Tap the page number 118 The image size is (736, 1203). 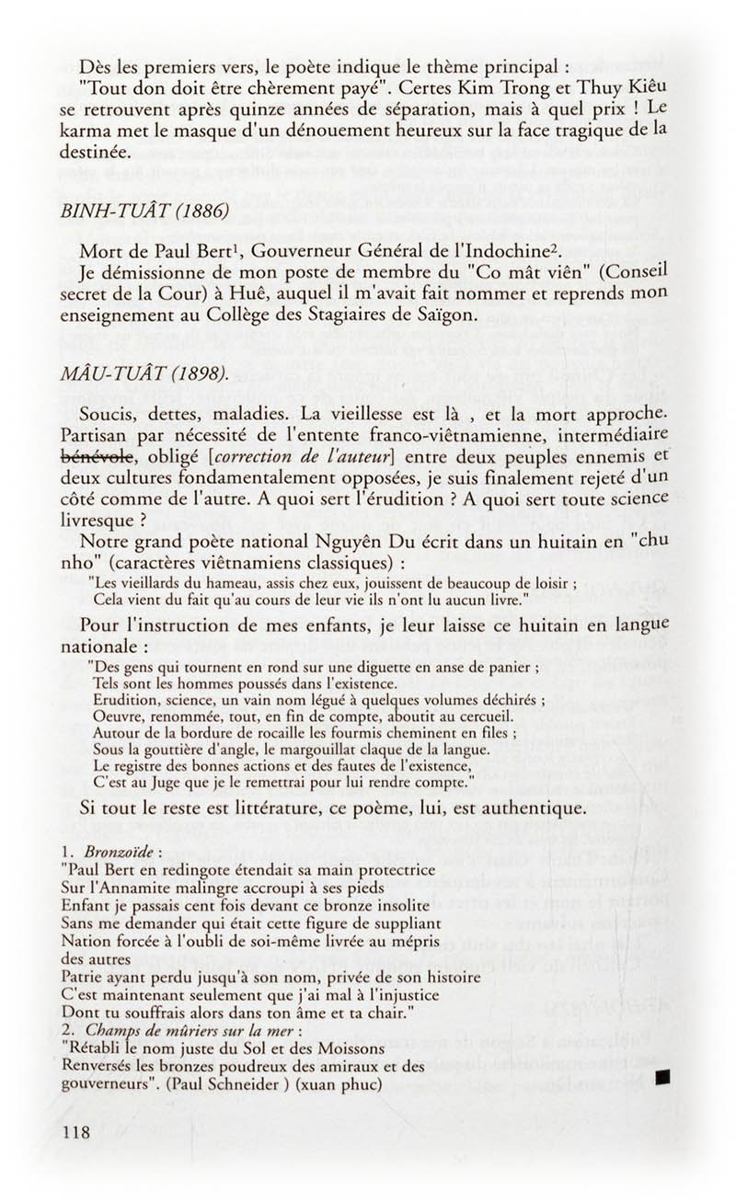pyautogui.click(x=72, y=1131)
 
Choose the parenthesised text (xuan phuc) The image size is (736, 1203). pyautogui.click(x=339, y=1083)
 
